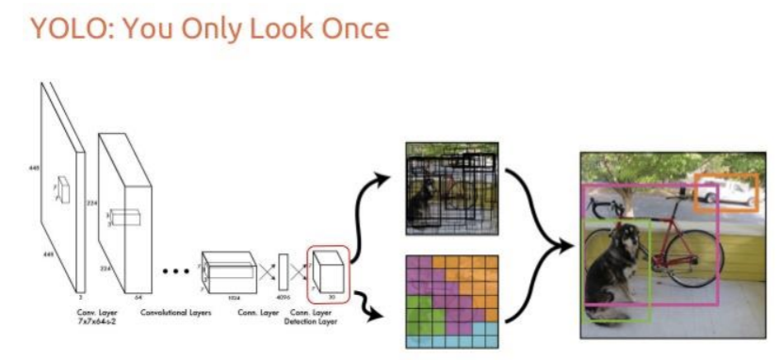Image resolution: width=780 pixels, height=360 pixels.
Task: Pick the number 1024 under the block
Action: coord(232,297)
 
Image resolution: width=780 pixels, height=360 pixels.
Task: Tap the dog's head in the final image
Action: coord(620,239)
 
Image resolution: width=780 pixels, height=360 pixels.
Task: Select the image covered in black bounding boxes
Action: coord(451,189)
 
